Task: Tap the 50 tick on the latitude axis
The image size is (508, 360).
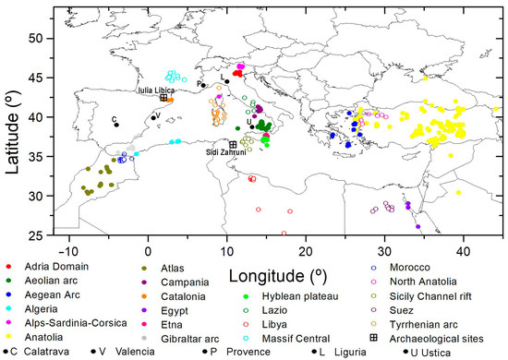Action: [38, 38]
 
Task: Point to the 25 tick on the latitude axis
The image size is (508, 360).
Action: [38, 234]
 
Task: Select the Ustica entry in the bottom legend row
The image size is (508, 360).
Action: [429, 352]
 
